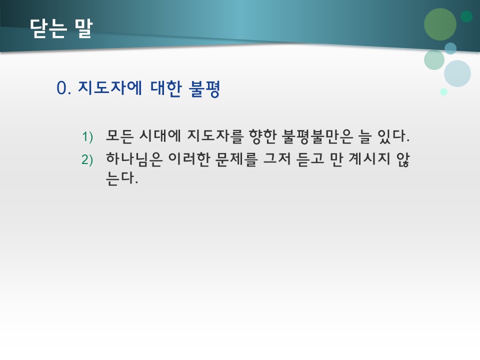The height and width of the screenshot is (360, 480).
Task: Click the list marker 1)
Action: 87,136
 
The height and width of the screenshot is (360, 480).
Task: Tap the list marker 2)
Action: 87,159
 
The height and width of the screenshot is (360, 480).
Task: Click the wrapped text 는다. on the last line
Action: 122,178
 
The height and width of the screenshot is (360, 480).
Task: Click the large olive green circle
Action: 440,24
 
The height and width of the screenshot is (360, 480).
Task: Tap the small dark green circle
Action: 466,16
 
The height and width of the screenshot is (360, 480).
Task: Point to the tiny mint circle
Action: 443,91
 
